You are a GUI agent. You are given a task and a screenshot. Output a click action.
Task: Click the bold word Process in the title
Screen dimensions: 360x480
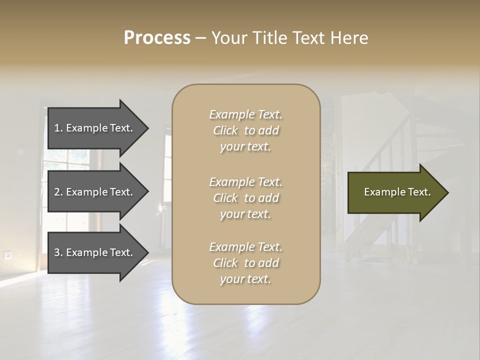[x=157, y=38]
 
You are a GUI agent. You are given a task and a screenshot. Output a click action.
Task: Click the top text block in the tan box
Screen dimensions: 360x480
[x=245, y=130]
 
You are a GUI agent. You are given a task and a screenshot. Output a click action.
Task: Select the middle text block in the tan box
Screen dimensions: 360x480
[x=245, y=198]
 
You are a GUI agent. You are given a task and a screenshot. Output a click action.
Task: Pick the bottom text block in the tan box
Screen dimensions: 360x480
[x=245, y=263]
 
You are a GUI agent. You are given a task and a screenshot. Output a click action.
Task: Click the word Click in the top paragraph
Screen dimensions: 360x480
[x=225, y=130]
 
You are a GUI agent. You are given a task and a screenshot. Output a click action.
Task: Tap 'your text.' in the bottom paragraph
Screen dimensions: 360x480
[x=245, y=279]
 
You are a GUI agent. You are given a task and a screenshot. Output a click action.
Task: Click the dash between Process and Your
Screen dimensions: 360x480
[x=200, y=38]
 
